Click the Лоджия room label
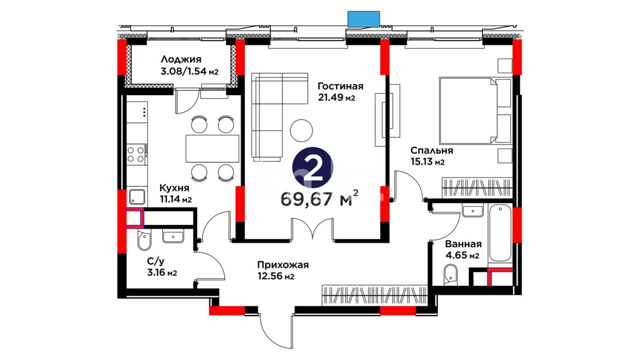tap(181, 60)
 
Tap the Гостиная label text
tap(340, 86)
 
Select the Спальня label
tap(432, 151)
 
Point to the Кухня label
tap(174, 188)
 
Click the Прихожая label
tap(283, 265)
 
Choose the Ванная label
tap(463, 244)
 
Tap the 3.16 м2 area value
tap(162, 273)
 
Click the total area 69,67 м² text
tap(320, 199)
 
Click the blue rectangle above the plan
tap(364, 19)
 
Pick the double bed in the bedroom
tap(475, 111)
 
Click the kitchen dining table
tap(212, 148)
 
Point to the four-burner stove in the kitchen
tap(137, 154)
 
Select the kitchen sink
tap(137, 197)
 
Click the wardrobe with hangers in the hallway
tap(375, 295)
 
